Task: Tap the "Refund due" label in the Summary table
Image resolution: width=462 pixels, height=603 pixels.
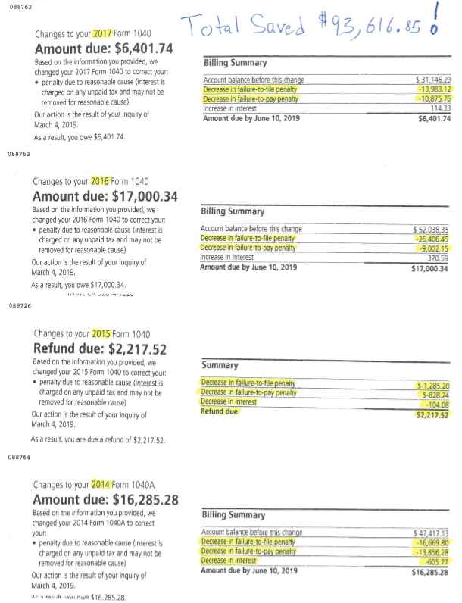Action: tap(220, 411)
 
